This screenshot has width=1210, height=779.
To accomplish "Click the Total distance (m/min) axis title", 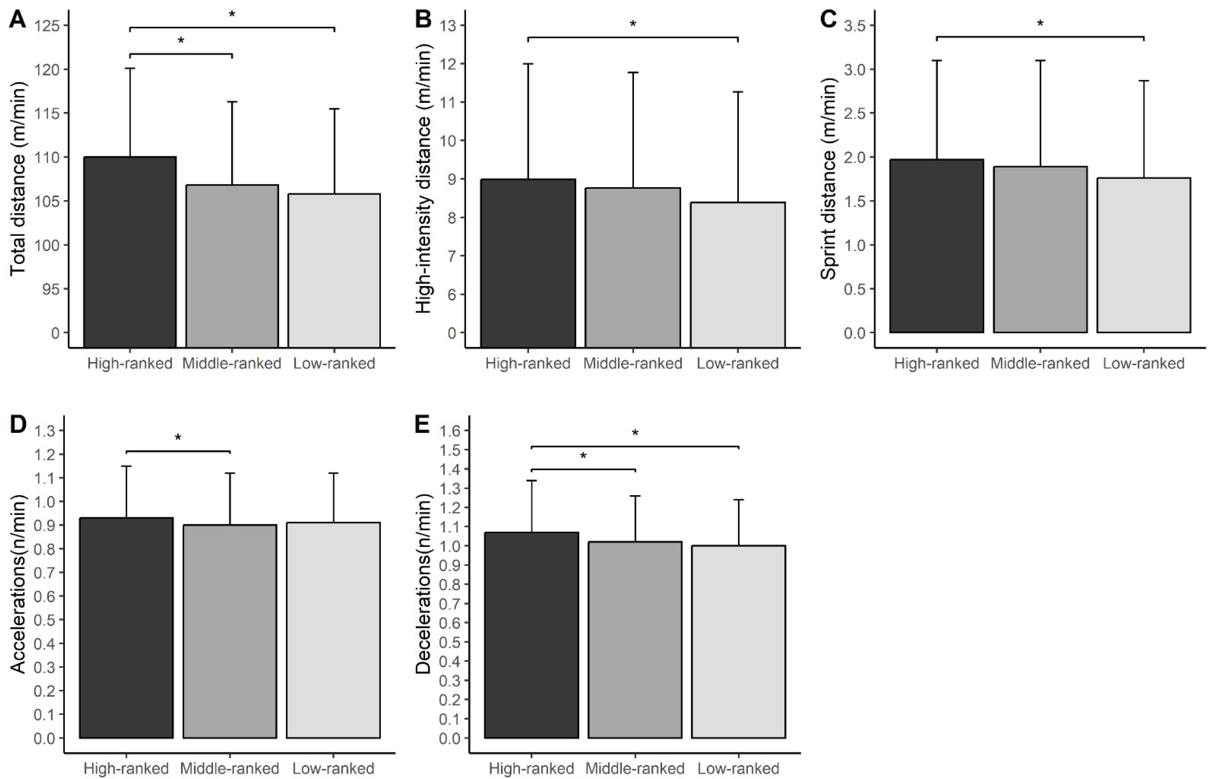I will point(18,180).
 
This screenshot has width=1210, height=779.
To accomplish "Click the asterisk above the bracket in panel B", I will point(633,24).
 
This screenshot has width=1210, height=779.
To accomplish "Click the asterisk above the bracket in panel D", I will point(178,438).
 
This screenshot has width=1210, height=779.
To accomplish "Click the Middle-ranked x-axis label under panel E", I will point(635,769).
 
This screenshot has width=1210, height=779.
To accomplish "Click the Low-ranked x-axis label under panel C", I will point(1143,363).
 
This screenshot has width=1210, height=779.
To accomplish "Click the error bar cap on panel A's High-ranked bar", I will point(130,68).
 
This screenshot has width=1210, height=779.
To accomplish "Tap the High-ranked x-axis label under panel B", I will point(528,363).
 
